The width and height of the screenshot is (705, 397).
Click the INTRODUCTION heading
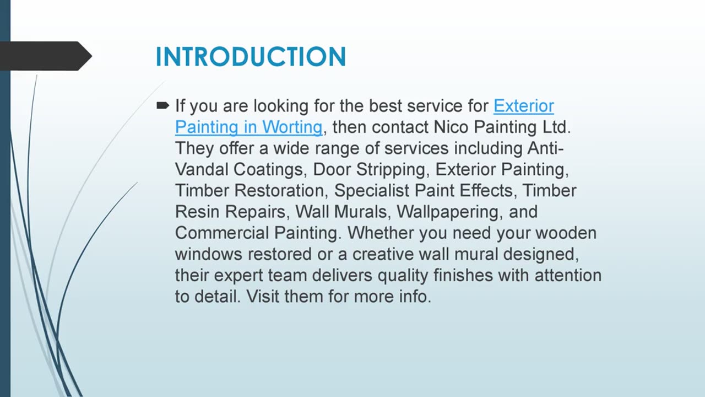[x=251, y=57]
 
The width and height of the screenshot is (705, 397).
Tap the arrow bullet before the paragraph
[x=162, y=105]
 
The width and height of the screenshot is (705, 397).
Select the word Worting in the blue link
[x=292, y=127]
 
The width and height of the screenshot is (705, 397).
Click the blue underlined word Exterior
[x=523, y=105]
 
